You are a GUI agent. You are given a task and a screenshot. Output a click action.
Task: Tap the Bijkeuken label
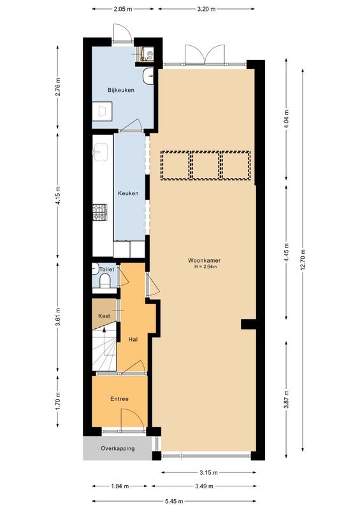click(120, 91)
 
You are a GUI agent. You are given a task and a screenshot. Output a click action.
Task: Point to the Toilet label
click(106, 270)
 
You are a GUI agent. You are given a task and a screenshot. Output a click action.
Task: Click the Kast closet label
click(104, 316)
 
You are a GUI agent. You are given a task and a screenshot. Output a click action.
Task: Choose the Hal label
click(133, 340)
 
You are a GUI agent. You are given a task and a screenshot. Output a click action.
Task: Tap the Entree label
click(119, 399)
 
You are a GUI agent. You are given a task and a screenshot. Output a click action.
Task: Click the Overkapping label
click(118, 449)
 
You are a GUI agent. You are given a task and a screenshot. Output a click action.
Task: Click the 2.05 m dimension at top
click(123, 10)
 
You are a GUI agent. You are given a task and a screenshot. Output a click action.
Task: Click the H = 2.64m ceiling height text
click(206, 267)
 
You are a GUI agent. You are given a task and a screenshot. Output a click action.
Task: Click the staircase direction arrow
click(104, 333)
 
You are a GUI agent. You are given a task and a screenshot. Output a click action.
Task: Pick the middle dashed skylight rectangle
click(205, 165)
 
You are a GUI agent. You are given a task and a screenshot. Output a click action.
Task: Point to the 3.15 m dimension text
click(207, 472)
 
